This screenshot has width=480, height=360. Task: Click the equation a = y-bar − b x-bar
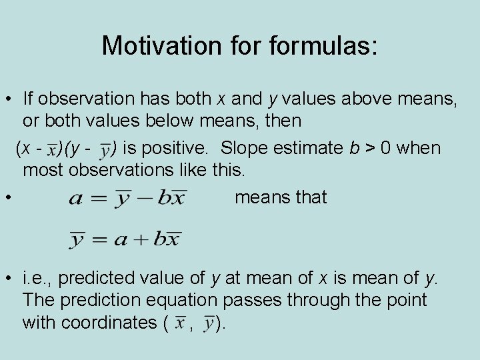click(x=127, y=198)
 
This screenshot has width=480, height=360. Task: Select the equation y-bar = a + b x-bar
click(x=125, y=239)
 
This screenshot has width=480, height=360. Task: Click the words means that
click(x=281, y=197)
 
